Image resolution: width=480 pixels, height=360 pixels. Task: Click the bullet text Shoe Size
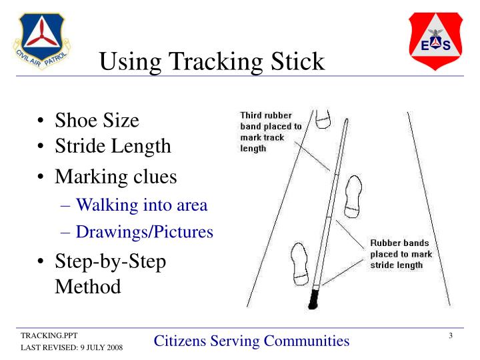tap(97, 121)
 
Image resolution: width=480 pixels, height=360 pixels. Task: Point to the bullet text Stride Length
tap(113, 145)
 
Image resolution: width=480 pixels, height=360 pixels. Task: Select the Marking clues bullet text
tap(115, 177)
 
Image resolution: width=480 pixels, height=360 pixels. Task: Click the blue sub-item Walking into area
tap(141, 205)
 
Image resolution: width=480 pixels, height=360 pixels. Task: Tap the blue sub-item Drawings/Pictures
tap(144, 232)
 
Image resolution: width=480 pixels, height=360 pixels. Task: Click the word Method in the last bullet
tap(88, 287)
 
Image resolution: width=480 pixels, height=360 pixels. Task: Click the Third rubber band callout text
tap(270, 131)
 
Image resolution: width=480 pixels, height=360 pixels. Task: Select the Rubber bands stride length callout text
tap(401, 254)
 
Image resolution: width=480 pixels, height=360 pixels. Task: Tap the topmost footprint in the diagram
tap(323, 117)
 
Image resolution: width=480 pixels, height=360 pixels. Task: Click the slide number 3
tap(451, 335)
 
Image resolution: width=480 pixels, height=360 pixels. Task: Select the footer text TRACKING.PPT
tap(43, 335)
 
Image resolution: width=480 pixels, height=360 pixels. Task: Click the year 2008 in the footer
tap(112, 348)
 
